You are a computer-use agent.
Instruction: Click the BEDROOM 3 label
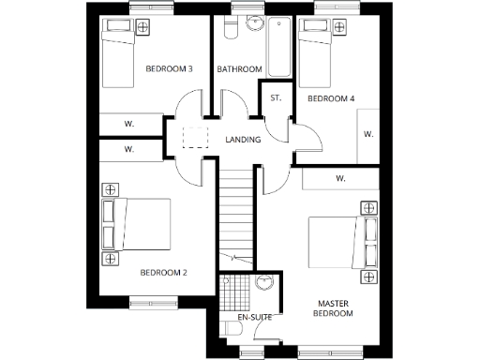[x=170, y=69]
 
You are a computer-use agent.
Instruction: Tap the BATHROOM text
[x=238, y=69]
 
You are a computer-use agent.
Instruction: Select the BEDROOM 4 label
[x=331, y=98]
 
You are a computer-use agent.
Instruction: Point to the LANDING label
[x=243, y=141]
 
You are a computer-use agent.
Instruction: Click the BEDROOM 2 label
[x=163, y=273]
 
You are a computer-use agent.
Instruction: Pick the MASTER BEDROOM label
[x=335, y=308]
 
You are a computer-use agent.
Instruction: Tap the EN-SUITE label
[x=254, y=319]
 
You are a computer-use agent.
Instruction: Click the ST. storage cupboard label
[x=276, y=98]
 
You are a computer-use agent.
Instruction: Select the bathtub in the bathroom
[x=280, y=49]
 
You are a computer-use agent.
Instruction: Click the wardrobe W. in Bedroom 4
[x=368, y=134]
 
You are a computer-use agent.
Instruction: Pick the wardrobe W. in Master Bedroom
[x=340, y=178]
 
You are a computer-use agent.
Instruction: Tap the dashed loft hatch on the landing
[x=194, y=139]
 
